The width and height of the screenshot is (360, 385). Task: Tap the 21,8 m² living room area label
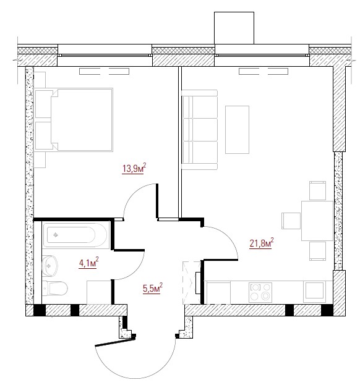[x=262, y=243]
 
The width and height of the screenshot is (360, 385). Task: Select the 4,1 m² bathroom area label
[x=88, y=263]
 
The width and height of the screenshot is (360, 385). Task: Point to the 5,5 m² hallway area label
[x=153, y=288]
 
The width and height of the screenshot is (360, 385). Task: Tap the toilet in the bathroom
[x=55, y=288]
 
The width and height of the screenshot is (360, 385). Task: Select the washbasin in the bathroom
[x=49, y=266]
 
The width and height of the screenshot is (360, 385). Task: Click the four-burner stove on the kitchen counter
[x=260, y=292]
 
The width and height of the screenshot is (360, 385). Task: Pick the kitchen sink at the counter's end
[x=314, y=292]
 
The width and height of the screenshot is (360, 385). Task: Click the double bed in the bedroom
[x=74, y=119]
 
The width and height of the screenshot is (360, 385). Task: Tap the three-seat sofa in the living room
[x=200, y=130]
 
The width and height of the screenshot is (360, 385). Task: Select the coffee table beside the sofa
[x=237, y=130]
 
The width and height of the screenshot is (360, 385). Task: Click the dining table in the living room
[x=317, y=221]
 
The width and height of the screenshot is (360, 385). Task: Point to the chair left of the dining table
[x=291, y=221]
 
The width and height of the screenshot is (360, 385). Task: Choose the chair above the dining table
[x=317, y=190]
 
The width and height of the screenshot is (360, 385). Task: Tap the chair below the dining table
[x=317, y=251]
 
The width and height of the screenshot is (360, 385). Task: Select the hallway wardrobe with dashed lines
[x=192, y=283]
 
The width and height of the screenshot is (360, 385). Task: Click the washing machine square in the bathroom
[x=99, y=292]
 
